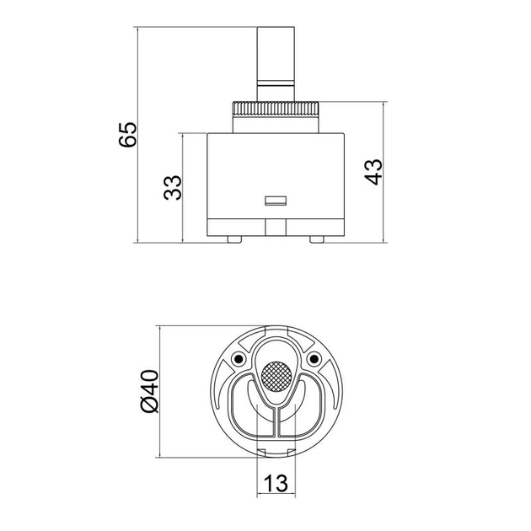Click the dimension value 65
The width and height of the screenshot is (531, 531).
(x=128, y=134)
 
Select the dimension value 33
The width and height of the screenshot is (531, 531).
(x=173, y=188)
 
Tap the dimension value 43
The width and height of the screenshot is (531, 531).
(x=373, y=172)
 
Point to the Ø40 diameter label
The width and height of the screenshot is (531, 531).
(x=149, y=391)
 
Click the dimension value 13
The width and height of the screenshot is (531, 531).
(x=276, y=483)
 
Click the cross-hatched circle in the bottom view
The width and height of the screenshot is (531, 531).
(x=276, y=377)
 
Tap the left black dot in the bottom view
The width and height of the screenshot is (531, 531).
(x=239, y=358)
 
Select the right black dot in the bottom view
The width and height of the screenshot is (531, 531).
(x=314, y=358)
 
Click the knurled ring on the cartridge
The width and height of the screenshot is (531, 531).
(x=276, y=110)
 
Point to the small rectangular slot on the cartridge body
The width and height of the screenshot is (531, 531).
(x=276, y=201)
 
